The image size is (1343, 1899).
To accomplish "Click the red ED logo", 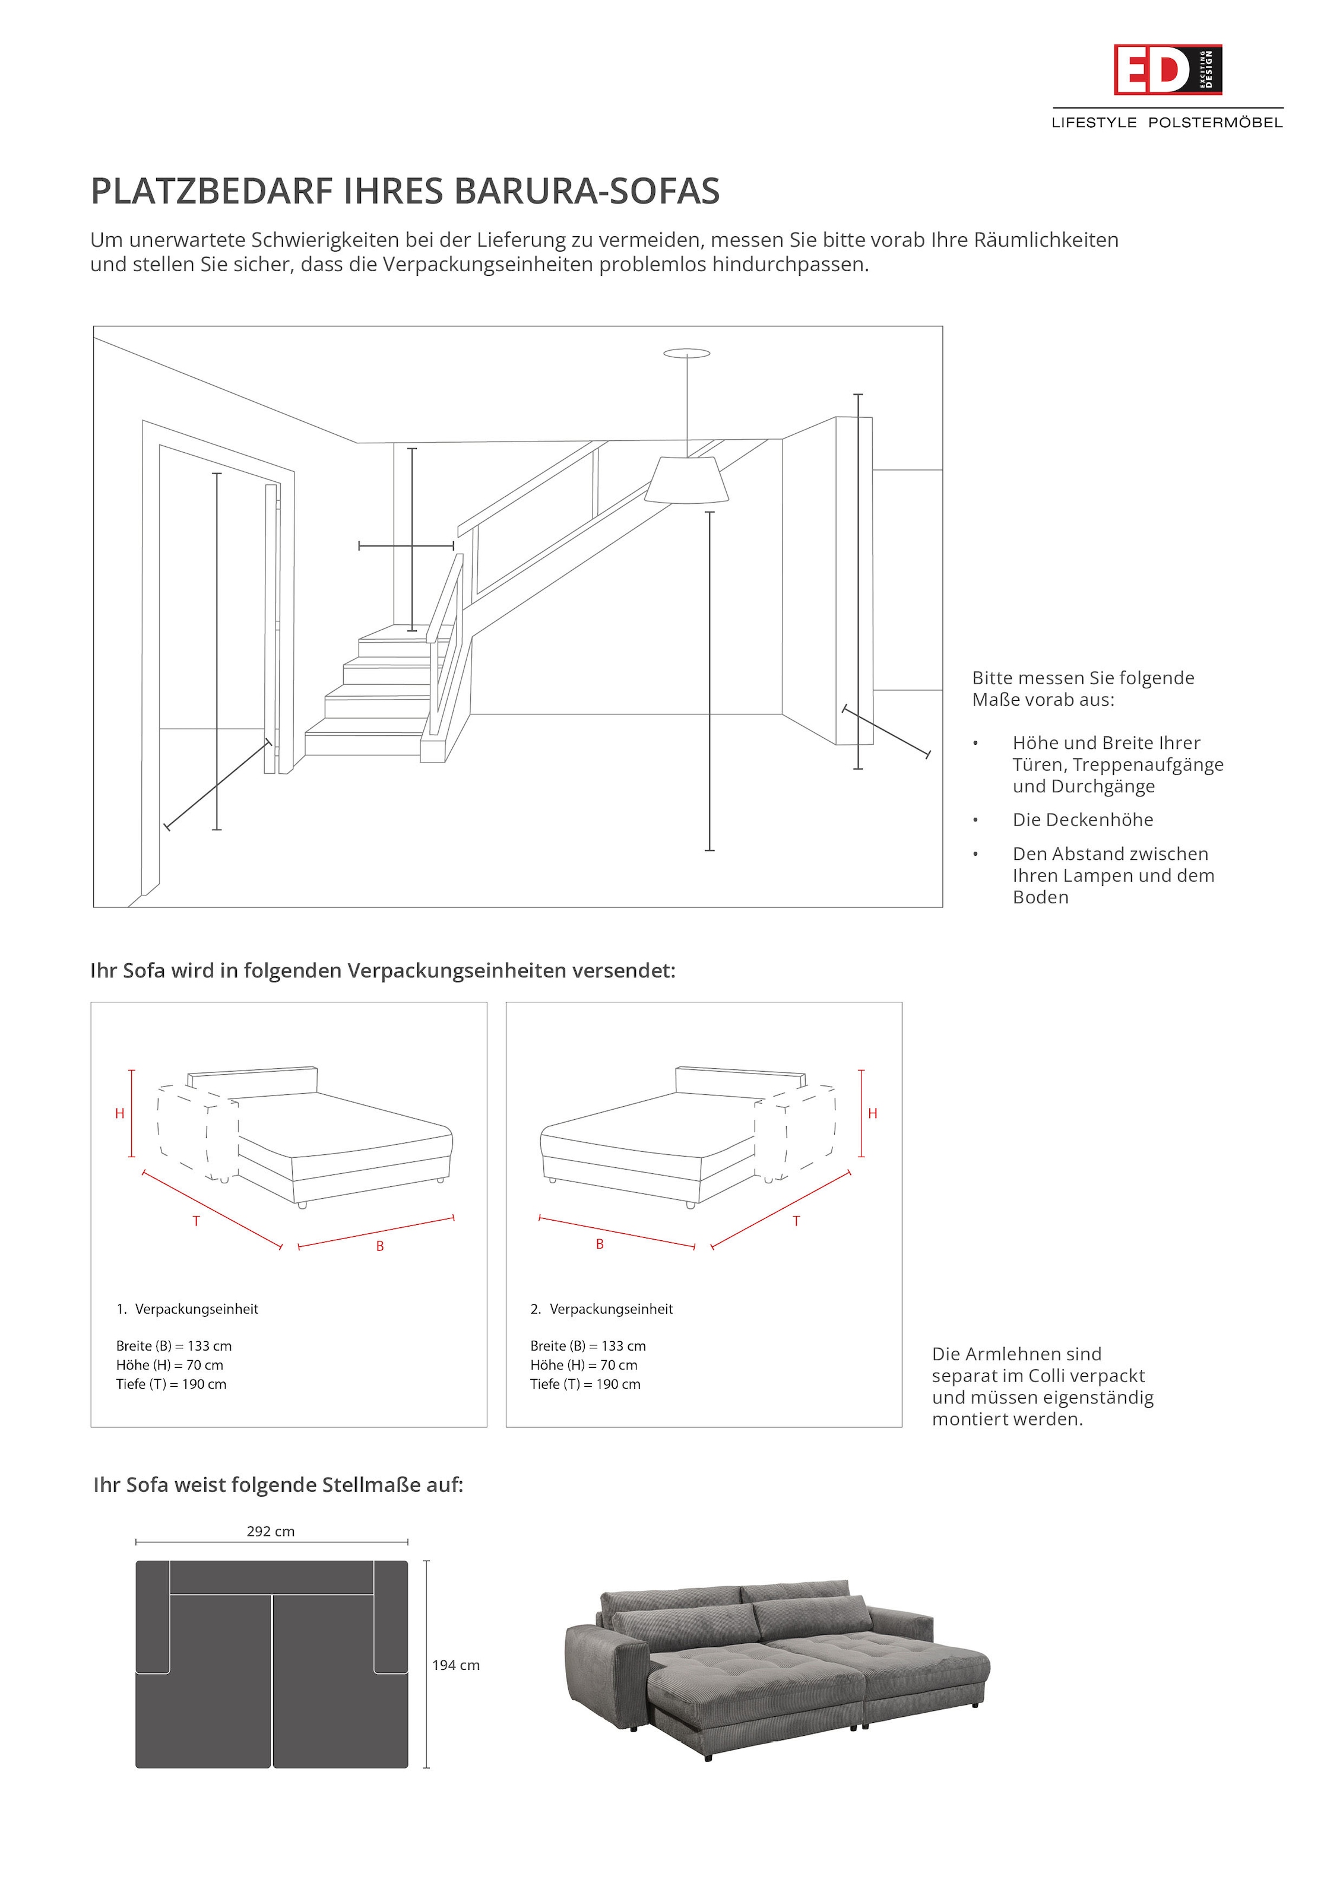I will point(1166,70).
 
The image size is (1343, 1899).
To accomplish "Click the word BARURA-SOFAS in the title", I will point(587,191).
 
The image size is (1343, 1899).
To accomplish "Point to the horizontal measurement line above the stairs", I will point(406,546).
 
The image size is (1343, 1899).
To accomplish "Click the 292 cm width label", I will point(271,1532).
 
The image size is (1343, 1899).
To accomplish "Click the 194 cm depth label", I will point(455,1665).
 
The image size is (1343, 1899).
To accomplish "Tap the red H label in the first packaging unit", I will point(119,1114).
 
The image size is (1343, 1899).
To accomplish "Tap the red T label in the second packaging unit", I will point(796,1221).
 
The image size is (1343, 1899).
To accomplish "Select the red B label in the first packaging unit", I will point(380,1246).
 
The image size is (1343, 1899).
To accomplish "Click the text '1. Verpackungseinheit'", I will point(187,1309).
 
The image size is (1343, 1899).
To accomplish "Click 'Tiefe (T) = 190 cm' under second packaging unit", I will point(585,1384).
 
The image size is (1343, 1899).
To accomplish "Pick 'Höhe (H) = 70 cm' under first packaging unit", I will point(170,1365).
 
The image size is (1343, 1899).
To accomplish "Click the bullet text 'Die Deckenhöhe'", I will point(1082,820).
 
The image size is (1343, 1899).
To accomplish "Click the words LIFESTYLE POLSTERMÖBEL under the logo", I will point(1167,122).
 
